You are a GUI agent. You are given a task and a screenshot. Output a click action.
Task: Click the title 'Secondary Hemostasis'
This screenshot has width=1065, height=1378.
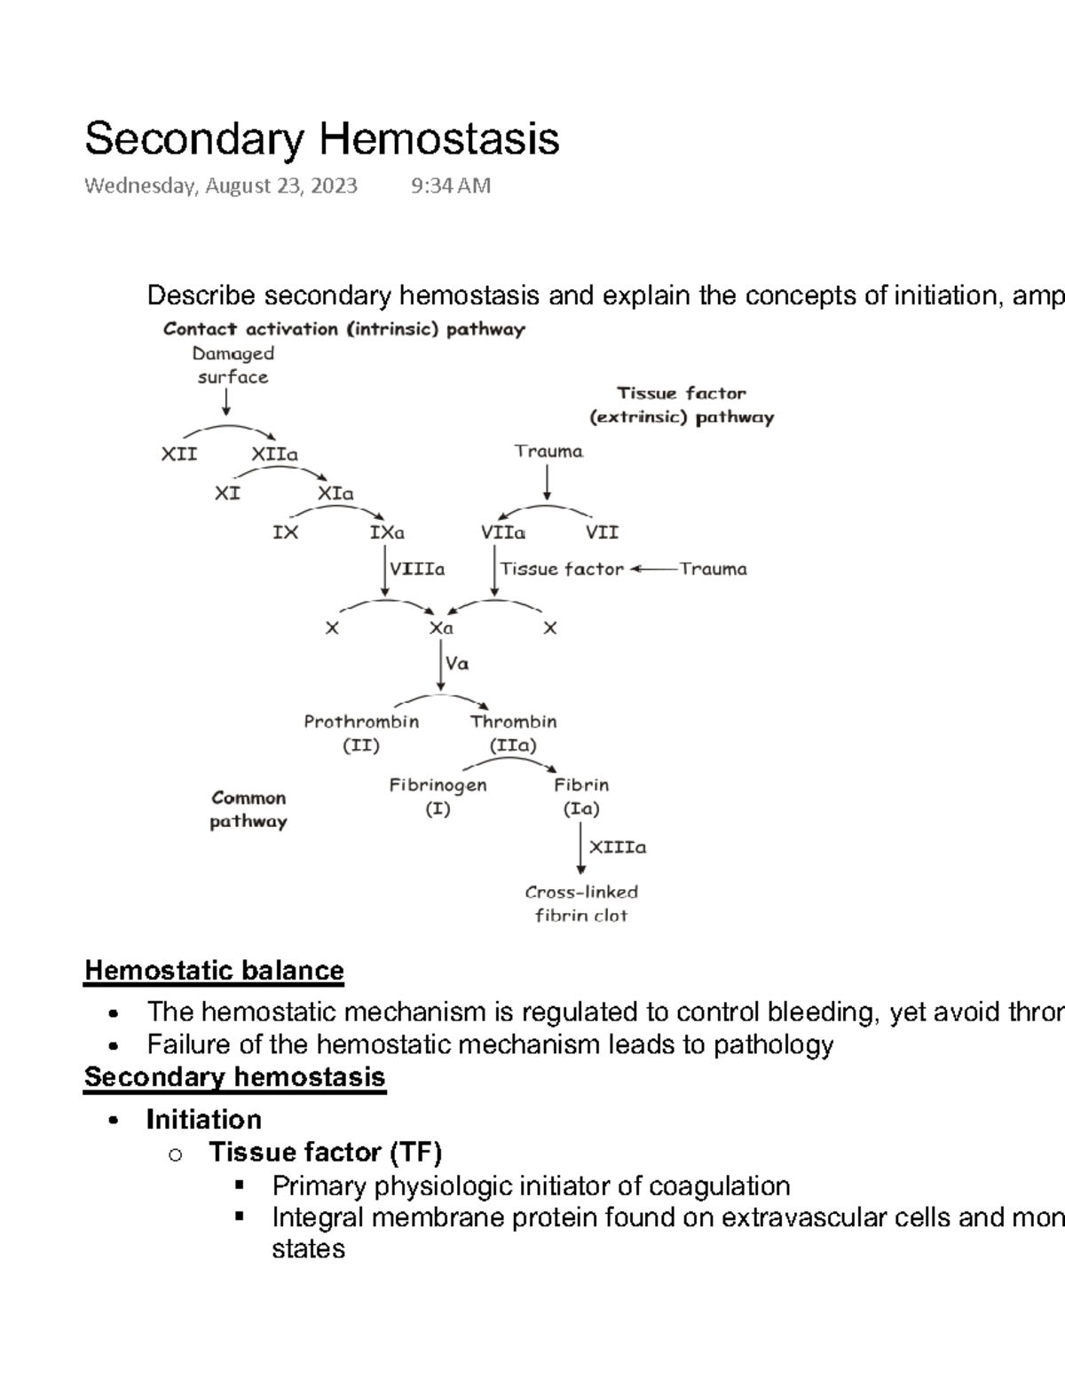(321, 139)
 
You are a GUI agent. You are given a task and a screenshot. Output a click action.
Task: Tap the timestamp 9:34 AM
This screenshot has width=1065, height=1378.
(451, 185)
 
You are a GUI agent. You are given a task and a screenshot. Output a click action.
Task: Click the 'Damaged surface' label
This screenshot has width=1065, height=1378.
(233, 365)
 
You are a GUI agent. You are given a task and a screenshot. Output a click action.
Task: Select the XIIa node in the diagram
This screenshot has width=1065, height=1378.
(274, 454)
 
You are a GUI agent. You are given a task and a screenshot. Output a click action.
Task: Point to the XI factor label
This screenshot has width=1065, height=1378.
(227, 492)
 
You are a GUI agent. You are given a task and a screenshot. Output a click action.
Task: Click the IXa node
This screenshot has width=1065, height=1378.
(387, 532)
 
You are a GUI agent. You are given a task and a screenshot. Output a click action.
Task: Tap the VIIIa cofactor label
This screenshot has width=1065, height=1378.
(417, 569)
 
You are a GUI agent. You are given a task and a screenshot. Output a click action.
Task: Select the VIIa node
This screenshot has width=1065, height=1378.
(503, 532)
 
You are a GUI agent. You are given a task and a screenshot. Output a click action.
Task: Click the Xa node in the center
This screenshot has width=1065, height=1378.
(441, 628)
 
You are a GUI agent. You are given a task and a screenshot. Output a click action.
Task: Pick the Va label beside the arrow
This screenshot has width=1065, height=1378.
(457, 663)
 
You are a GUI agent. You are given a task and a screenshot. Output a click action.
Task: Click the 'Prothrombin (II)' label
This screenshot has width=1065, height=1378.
(361, 733)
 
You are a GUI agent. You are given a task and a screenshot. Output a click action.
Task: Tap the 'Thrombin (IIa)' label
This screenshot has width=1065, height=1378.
(513, 733)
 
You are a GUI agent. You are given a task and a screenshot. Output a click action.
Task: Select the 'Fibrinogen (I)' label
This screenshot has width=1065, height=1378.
(438, 797)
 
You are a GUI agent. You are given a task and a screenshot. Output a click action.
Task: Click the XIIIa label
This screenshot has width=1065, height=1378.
(618, 847)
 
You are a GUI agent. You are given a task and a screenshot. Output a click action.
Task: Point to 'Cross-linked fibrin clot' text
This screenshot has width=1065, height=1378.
(581, 903)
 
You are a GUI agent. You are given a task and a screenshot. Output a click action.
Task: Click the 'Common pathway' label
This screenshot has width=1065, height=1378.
(248, 809)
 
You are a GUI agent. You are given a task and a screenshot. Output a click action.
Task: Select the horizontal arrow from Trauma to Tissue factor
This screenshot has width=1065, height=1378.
(653, 569)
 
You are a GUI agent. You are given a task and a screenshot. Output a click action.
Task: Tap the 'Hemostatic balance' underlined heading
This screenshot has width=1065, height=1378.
(214, 971)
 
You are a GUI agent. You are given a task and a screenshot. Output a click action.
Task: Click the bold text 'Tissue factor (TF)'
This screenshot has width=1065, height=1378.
(325, 1152)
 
